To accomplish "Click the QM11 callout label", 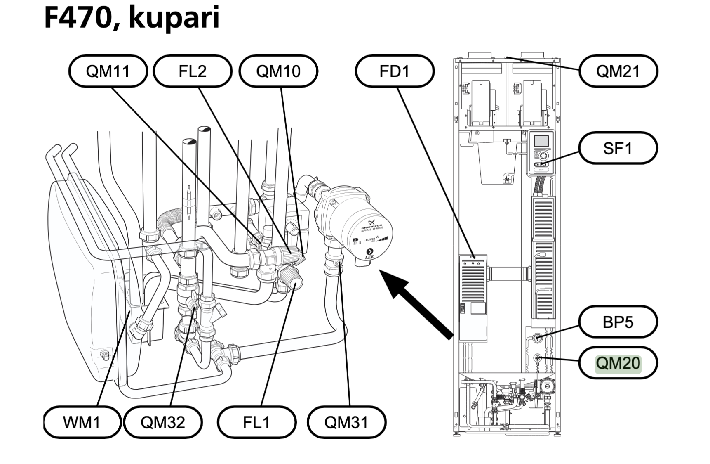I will click(108, 71).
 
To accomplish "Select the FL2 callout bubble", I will click(193, 71).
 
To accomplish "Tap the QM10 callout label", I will click(278, 71).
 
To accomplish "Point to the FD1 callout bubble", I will click(395, 71).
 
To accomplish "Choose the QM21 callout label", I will click(618, 71).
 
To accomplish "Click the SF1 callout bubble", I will click(618, 148).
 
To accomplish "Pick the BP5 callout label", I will click(618, 322).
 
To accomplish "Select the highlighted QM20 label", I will click(618, 363).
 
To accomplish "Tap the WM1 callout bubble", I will click(82, 422).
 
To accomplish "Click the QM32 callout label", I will click(163, 422).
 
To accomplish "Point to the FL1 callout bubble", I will click(256, 422).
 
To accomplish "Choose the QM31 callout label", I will click(346, 422).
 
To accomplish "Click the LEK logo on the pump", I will click(369, 254).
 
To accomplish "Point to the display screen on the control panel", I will click(541, 141).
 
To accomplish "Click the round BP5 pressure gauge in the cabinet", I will click(537, 338).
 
